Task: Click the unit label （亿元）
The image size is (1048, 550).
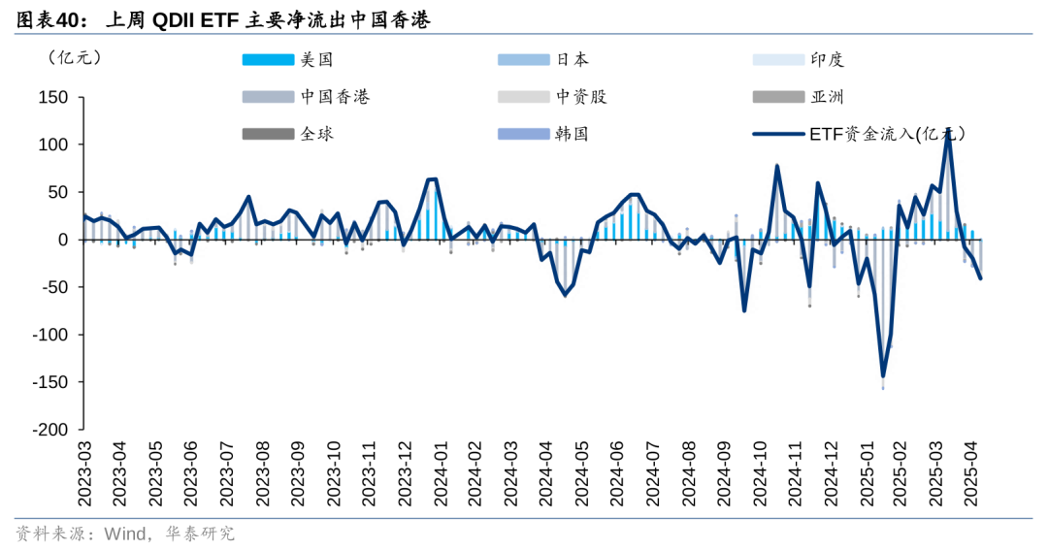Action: click(73, 57)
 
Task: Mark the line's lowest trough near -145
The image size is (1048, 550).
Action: click(883, 375)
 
